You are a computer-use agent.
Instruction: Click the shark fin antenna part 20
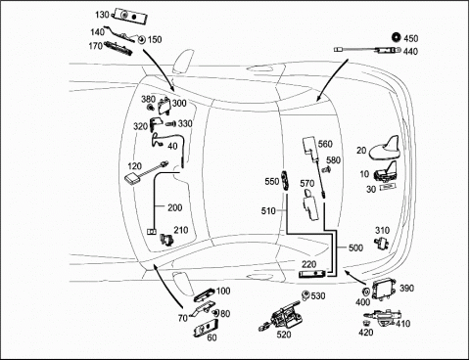(x=385, y=150)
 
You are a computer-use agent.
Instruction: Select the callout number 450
(x=410, y=38)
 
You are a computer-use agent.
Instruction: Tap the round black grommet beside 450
(x=397, y=37)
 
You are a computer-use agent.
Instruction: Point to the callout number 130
(x=102, y=15)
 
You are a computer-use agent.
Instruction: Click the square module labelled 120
(x=132, y=179)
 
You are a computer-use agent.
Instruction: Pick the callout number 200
(x=175, y=207)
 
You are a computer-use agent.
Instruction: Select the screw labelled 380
(x=151, y=107)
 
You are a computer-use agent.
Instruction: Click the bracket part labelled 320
(x=156, y=125)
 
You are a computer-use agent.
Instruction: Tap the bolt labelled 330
(x=170, y=124)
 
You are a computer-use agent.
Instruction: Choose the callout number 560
(x=325, y=144)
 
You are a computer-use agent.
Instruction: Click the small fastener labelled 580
(x=326, y=169)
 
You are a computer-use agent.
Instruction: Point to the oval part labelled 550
(x=285, y=180)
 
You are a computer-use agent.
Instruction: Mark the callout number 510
(x=268, y=211)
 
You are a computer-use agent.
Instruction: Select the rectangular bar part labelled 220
(x=312, y=274)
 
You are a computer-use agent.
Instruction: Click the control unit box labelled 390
(x=385, y=290)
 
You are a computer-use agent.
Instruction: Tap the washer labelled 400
(x=365, y=292)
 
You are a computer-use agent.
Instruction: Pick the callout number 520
(x=284, y=335)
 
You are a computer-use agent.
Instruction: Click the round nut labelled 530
(x=305, y=294)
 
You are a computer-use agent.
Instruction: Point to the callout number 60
(x=211, y=337)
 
